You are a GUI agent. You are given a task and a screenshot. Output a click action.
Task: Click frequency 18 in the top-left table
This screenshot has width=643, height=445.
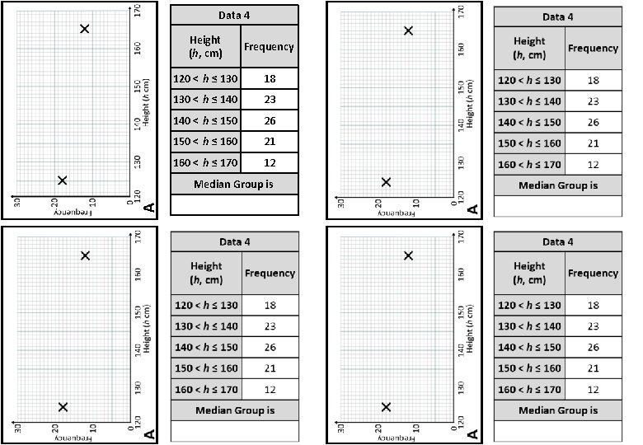[x=270, y=79]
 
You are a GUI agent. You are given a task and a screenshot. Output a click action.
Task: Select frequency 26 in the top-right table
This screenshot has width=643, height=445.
[x=592, y=122]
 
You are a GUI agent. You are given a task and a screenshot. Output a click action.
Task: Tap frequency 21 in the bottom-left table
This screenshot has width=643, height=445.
[x=270, y=368]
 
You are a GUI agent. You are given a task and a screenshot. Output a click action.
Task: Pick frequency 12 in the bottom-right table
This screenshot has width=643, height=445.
[x=592, y=389]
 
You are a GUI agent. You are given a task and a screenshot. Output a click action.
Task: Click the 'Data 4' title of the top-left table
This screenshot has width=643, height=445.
[x=234, y=15]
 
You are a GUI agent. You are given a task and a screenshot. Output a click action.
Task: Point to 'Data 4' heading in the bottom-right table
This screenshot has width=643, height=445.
[x=557, y=241]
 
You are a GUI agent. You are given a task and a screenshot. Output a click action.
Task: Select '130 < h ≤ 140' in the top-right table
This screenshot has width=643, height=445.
[x=529, y=101]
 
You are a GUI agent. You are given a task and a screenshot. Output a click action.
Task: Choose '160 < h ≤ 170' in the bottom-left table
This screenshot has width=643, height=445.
[x=206, y=389]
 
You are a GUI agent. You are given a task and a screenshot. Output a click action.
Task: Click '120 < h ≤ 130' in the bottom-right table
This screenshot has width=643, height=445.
[x=529, y=305]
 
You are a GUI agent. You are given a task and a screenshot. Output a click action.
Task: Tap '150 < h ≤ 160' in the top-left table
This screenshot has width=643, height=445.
[x=205, y=142]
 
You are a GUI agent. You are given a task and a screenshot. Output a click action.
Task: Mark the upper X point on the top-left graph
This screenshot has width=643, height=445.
[x=84, y=29]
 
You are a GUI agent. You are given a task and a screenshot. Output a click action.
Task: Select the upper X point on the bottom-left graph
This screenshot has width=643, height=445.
[x=85, y=255]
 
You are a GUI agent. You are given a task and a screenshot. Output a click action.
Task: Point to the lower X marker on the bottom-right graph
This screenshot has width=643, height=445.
[x=386, y=407]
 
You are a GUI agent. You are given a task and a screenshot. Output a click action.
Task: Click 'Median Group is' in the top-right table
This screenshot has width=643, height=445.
[x=557, y=185]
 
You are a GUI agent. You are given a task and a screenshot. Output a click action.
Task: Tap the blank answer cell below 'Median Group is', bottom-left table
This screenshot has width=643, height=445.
[x=234, y=429]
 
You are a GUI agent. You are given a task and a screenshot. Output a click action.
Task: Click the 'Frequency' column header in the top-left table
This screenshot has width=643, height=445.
[x=269, y=47]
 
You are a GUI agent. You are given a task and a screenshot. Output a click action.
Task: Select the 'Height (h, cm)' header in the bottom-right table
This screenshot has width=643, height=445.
[x=529, y=272]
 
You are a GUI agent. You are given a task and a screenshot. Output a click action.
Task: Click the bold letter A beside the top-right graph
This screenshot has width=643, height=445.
[x=472, y=209]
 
